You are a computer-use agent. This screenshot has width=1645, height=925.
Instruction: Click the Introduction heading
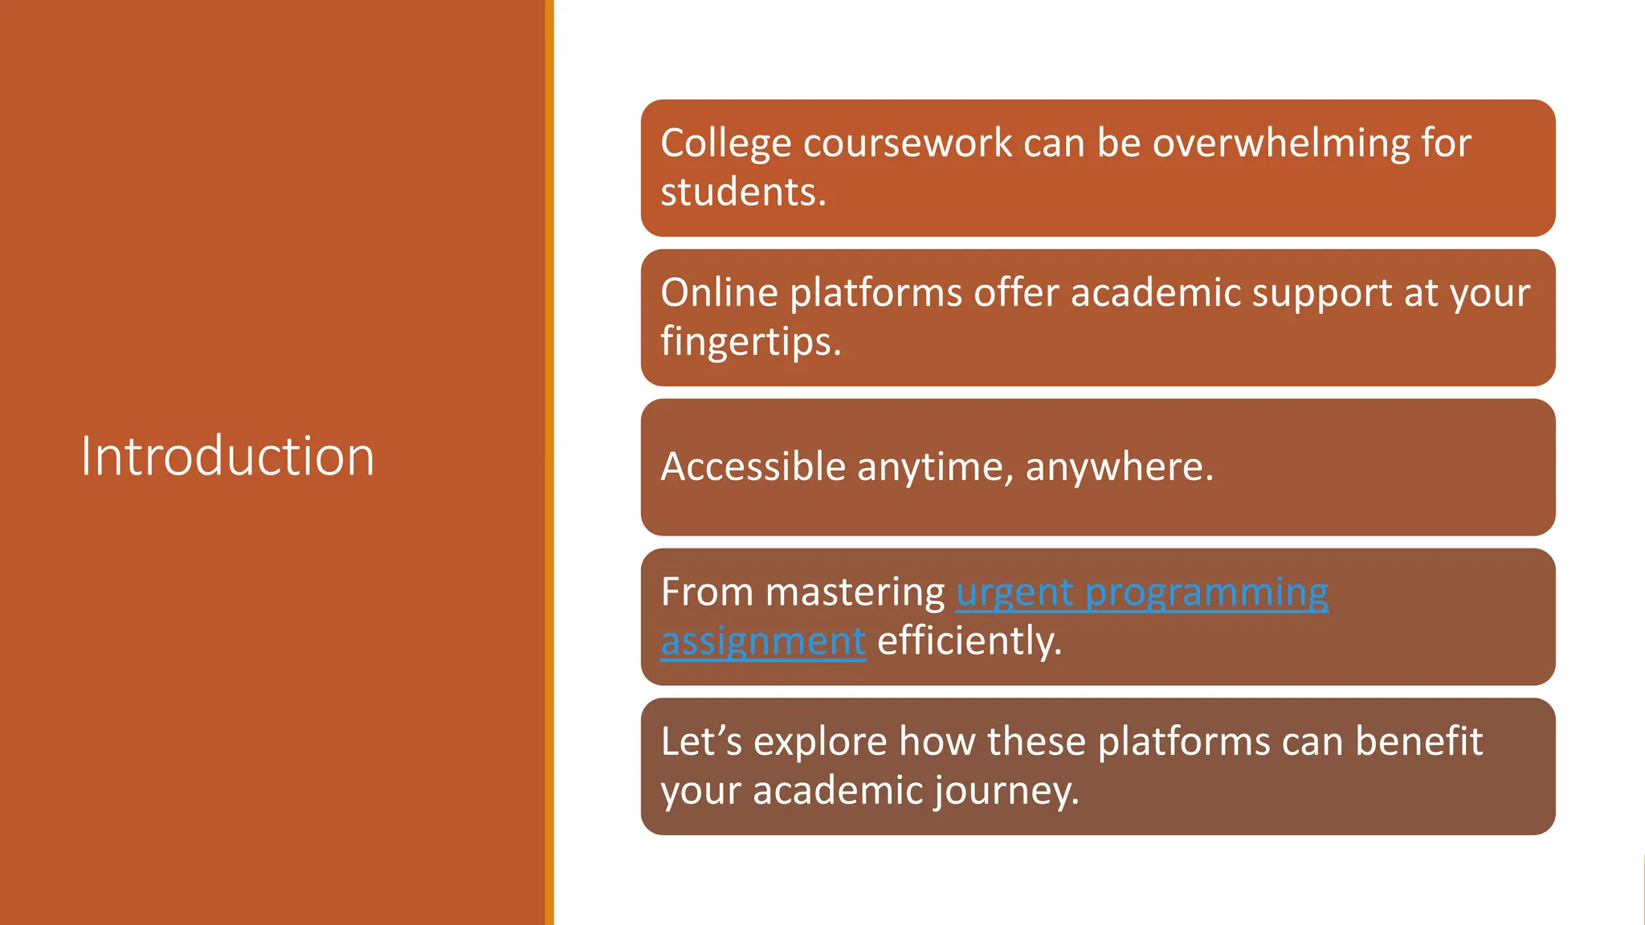click(227, 456)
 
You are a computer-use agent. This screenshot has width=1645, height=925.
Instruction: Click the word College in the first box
click(725, 145)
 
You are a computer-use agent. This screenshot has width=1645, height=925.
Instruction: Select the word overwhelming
click(1280, 143)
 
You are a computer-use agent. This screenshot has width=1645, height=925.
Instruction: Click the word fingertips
click(750, 342)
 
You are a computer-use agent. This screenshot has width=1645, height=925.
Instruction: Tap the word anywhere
click(1119, 467)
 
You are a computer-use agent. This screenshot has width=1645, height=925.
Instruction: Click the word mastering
click(855, 593)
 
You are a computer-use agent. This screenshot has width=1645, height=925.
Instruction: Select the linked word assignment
click(763, 642)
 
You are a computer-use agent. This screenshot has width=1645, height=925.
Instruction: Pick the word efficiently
click(969, 642)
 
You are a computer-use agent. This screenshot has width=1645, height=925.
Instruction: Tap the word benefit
click(1418, 741)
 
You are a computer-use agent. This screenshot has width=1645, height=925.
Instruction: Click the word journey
click(1006, 792)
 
